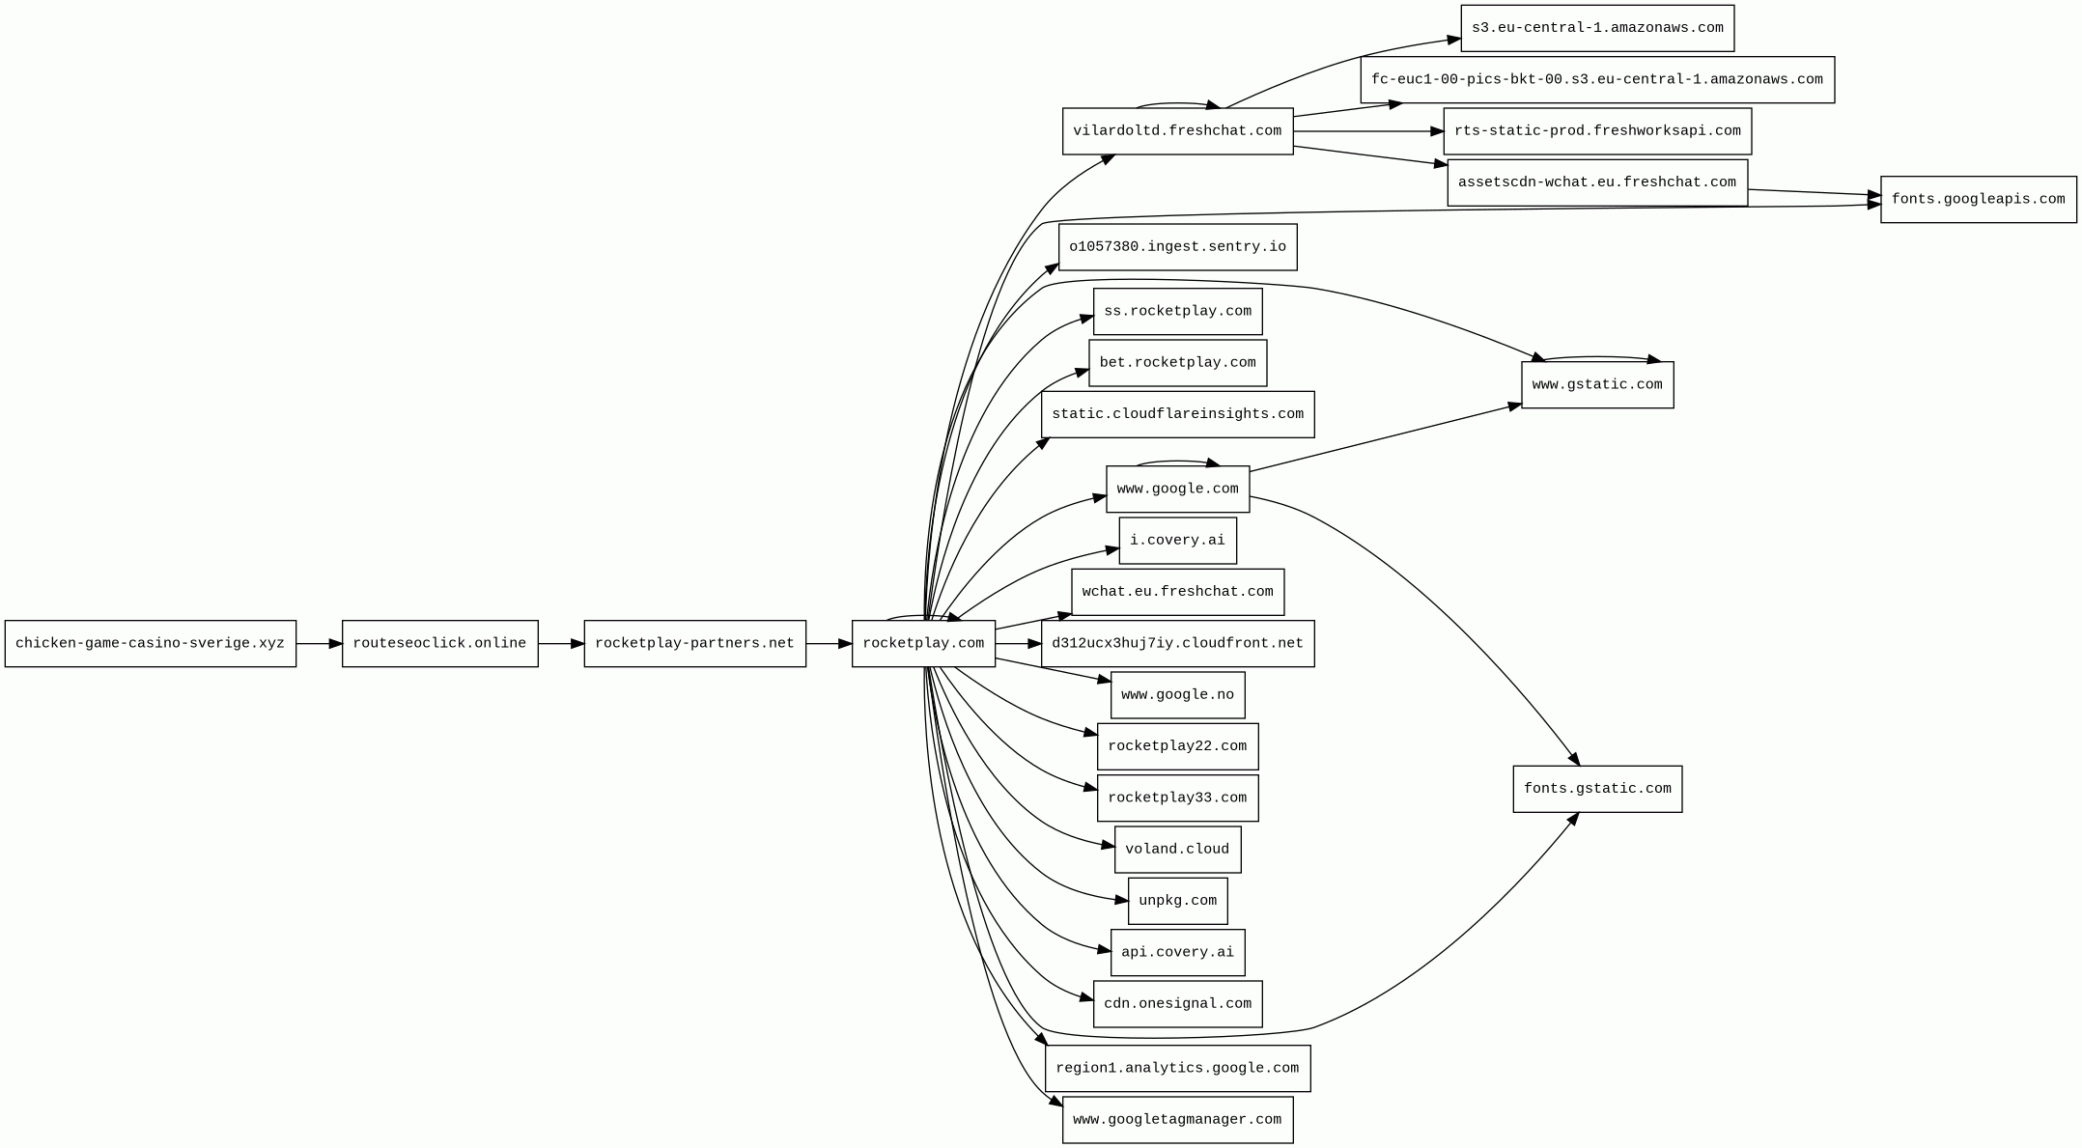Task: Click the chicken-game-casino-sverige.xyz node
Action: [x=150, y=643]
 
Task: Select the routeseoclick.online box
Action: [x=439, y=643]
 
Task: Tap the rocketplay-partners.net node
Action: [x=694, y=643]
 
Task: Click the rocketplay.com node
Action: [x=923, y=643]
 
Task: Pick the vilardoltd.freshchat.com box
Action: [x=1177, y=131]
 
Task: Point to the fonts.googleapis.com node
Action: [x=1978, y=200]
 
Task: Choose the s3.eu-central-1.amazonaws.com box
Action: [x=1597, y=28]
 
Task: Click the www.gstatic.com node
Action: [x=1597, y=385]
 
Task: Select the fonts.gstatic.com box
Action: [x=1597, y=789]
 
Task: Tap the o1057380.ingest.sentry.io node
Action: [x=1177, y=247]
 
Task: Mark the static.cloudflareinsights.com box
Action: [x=1177, y=414]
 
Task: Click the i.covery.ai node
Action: [x=1177, y=541]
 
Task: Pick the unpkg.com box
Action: [x=1177, y=901]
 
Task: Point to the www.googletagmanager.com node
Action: [x=1177, y=1120]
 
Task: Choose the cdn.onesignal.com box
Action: [x=1177, y=1004]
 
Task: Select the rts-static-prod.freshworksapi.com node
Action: [x=1597, y=131]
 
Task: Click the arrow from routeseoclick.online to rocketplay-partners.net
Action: [x=560, y=643]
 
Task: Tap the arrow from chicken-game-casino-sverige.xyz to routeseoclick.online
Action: [x=319, y=643]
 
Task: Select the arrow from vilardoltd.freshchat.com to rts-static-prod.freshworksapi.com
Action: [x=1367, y=131]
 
